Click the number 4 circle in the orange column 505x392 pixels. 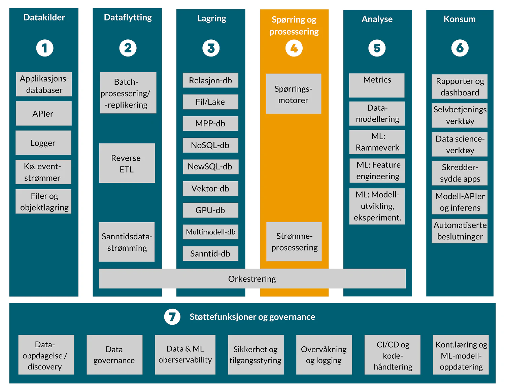[294, 48]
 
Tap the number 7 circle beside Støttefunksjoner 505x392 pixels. [172, 317]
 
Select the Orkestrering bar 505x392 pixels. [252, 279]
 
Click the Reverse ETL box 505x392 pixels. [127, 163]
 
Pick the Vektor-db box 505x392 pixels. [210, 189]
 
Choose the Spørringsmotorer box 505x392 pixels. [293, 94]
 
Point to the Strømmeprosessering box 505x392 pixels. [294, 242]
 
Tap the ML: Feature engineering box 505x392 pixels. [377, 171]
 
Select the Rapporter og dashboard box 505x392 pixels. [460, 87]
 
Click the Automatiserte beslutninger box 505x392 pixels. [460, 231]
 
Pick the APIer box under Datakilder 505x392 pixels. [43, 114]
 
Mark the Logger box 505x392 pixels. [43, 143]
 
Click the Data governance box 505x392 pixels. [114, 355]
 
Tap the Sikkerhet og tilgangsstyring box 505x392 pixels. [256, 355]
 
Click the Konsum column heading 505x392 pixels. [460, 19]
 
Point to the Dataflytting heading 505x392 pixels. [128, 17]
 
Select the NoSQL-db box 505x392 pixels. [210, 145]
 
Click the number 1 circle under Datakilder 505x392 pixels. [45, 48]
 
